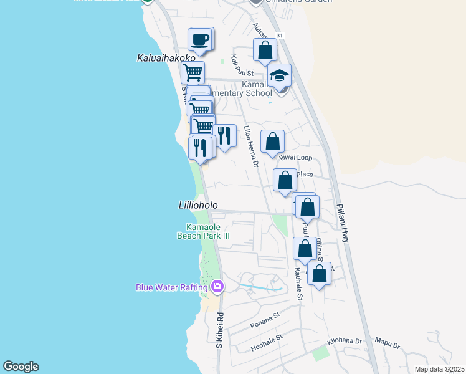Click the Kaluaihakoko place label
click(161, 57)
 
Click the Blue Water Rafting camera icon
click(217, 287)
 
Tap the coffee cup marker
click(200, 40)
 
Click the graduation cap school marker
click(280, 76)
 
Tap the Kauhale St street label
click(298, 284)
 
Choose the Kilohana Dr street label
click(345, 342)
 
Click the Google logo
click(21, 367)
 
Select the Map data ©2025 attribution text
click(439, 369)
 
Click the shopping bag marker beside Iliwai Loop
click(272, 141)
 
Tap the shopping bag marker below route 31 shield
click(265, 50)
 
